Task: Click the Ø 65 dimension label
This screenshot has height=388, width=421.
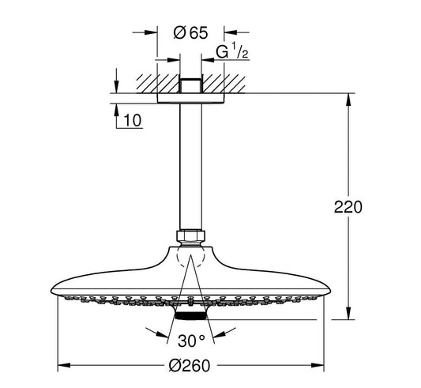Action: [x=190, y=33]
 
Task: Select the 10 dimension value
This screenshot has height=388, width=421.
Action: [x=132, y=120]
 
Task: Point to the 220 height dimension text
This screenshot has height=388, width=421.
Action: [x=348, y=207]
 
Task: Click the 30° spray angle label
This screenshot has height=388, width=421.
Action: [x=191, y=341]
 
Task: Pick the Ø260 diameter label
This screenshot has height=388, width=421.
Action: [x=190, y=365]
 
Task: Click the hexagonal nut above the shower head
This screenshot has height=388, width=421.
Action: [x=190, y=235]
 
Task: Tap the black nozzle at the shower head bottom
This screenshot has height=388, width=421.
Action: [x=190, y=316]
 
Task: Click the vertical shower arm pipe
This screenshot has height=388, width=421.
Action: [x=190, y=167]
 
